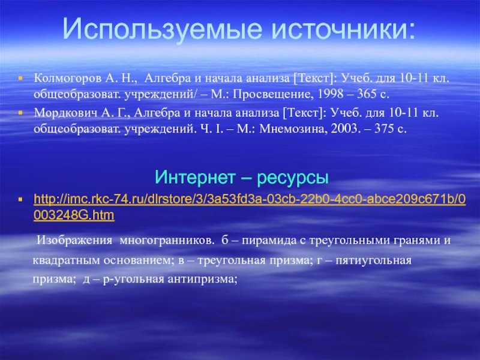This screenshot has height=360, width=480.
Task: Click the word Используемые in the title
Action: point(163,29)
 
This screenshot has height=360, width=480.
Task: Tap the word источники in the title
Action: point(343,29)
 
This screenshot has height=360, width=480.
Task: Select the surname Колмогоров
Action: point(68,79)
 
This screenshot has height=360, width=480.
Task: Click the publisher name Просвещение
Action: point(274,94)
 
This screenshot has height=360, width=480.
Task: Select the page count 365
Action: point(367,94)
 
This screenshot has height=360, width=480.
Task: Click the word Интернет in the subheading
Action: point(196,177)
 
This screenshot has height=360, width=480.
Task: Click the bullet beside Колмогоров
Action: point(20,79)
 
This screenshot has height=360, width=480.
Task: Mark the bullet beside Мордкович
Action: point(20,113)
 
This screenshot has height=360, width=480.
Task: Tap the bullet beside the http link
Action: point(20,200)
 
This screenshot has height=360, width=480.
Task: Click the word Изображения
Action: point(74,241)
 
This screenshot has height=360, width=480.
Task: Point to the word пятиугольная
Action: point(373,261)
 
